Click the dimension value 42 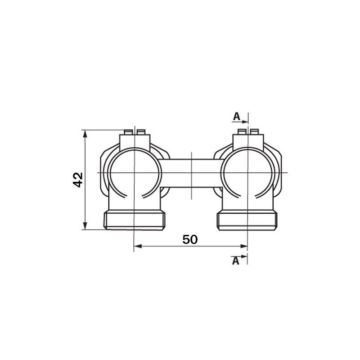coord(78,180)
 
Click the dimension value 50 coord(190,239)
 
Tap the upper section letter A coord(236,116)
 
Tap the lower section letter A coord(235,261)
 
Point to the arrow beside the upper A coord(244,121)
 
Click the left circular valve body coord(135,173)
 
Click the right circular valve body coord(247,173)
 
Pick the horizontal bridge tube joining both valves coord(191,173)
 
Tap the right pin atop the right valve coord(255,132)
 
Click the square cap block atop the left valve coord(135,142)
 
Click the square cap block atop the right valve coord(247,142)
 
